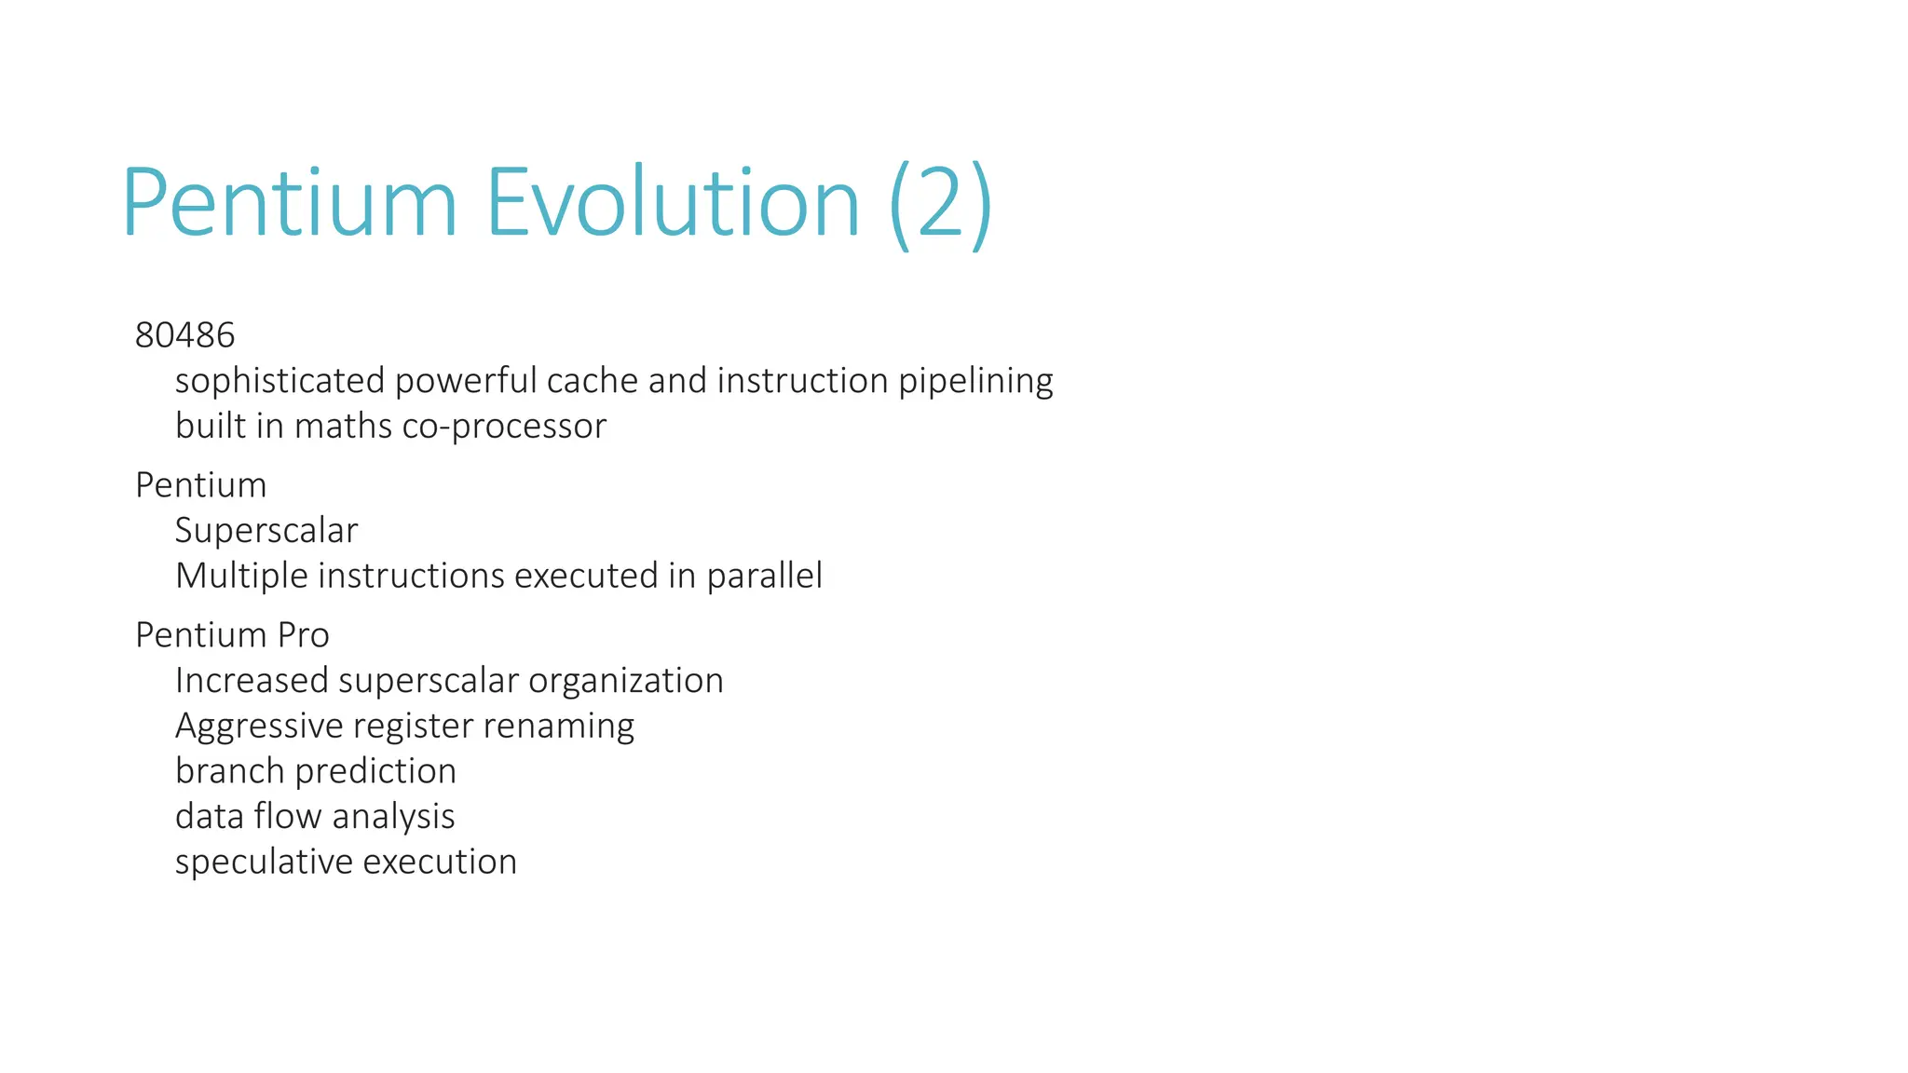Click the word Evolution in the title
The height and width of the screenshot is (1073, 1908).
click(672, 203)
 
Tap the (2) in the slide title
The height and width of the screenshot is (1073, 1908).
click(941, 205)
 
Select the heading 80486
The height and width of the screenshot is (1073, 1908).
click(184, 335)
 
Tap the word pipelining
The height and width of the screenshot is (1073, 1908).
click(975, 381)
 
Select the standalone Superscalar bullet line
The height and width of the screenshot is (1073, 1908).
click(266, 531)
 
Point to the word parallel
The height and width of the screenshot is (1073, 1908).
click(764, 577)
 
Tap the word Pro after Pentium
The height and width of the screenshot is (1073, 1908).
click(303, 635)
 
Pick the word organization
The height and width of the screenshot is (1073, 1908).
click(625, 681)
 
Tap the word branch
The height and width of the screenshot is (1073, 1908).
click(230, 771)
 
